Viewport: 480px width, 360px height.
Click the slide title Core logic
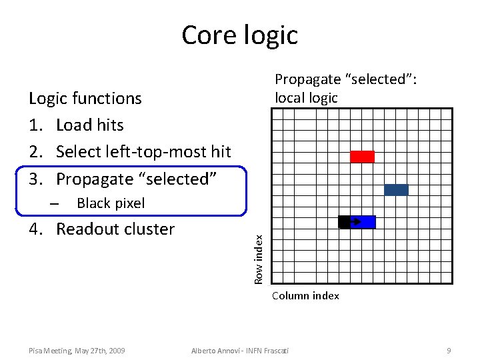pos(239,35)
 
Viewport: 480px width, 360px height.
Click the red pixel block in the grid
pos(362,157)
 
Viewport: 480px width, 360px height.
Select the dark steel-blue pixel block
pos(396,190)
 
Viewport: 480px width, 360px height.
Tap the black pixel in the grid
pos(344,222)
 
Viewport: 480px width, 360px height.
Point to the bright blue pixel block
pos(364,222)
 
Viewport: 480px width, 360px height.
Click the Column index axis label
pos(305,295)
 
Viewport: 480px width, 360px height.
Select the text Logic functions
pos(85,99)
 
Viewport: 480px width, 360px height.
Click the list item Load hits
pos(90,125)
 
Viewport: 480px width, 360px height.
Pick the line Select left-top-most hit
pos(143,152)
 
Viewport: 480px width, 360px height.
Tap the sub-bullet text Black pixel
pos(111,203)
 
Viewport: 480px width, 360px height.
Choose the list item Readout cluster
pos(115,229)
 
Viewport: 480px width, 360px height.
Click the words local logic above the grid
pos(307,98)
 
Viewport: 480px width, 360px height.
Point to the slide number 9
pos(449,350)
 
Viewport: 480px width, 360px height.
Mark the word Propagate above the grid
pos(308,79)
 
